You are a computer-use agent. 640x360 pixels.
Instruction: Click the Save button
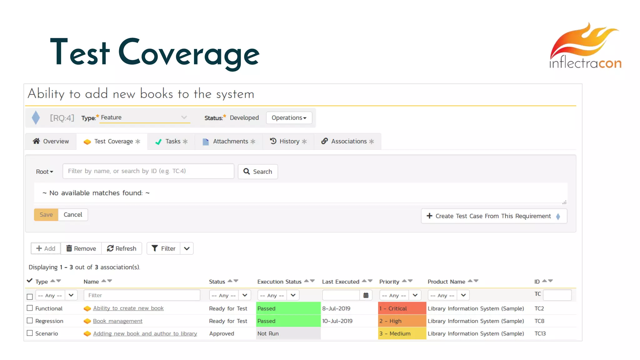click(x=46, y=215)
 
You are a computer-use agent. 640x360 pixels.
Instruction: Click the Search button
click(x=258, y=172)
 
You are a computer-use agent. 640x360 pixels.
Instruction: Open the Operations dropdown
click(x=289, y=118)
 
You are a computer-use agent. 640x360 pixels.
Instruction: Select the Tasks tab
click(x=172, y=142)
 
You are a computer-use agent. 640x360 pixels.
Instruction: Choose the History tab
click(x=288, y=142)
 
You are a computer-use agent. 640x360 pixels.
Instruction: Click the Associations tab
click(x=347, y=142)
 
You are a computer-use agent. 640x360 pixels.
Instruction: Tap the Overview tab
click(x=51, y=142)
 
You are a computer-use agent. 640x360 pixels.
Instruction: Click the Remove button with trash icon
click(x=81, y=248)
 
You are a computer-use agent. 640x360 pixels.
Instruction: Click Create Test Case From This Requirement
click(x=494, y=216)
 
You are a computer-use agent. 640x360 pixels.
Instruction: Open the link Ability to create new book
click(x=128, y=308)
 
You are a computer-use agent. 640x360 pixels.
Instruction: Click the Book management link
click(x=117, y=321)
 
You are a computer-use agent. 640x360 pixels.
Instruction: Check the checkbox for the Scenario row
click(x=30, y=333)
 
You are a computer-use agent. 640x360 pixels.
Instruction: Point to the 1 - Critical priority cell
click(x=402, y=308)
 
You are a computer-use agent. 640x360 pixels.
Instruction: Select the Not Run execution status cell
click(x=288, y=333)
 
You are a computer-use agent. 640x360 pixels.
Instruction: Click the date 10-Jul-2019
click(x=337, y=321)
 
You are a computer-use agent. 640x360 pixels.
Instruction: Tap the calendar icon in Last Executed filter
click(x=366, y=295)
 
